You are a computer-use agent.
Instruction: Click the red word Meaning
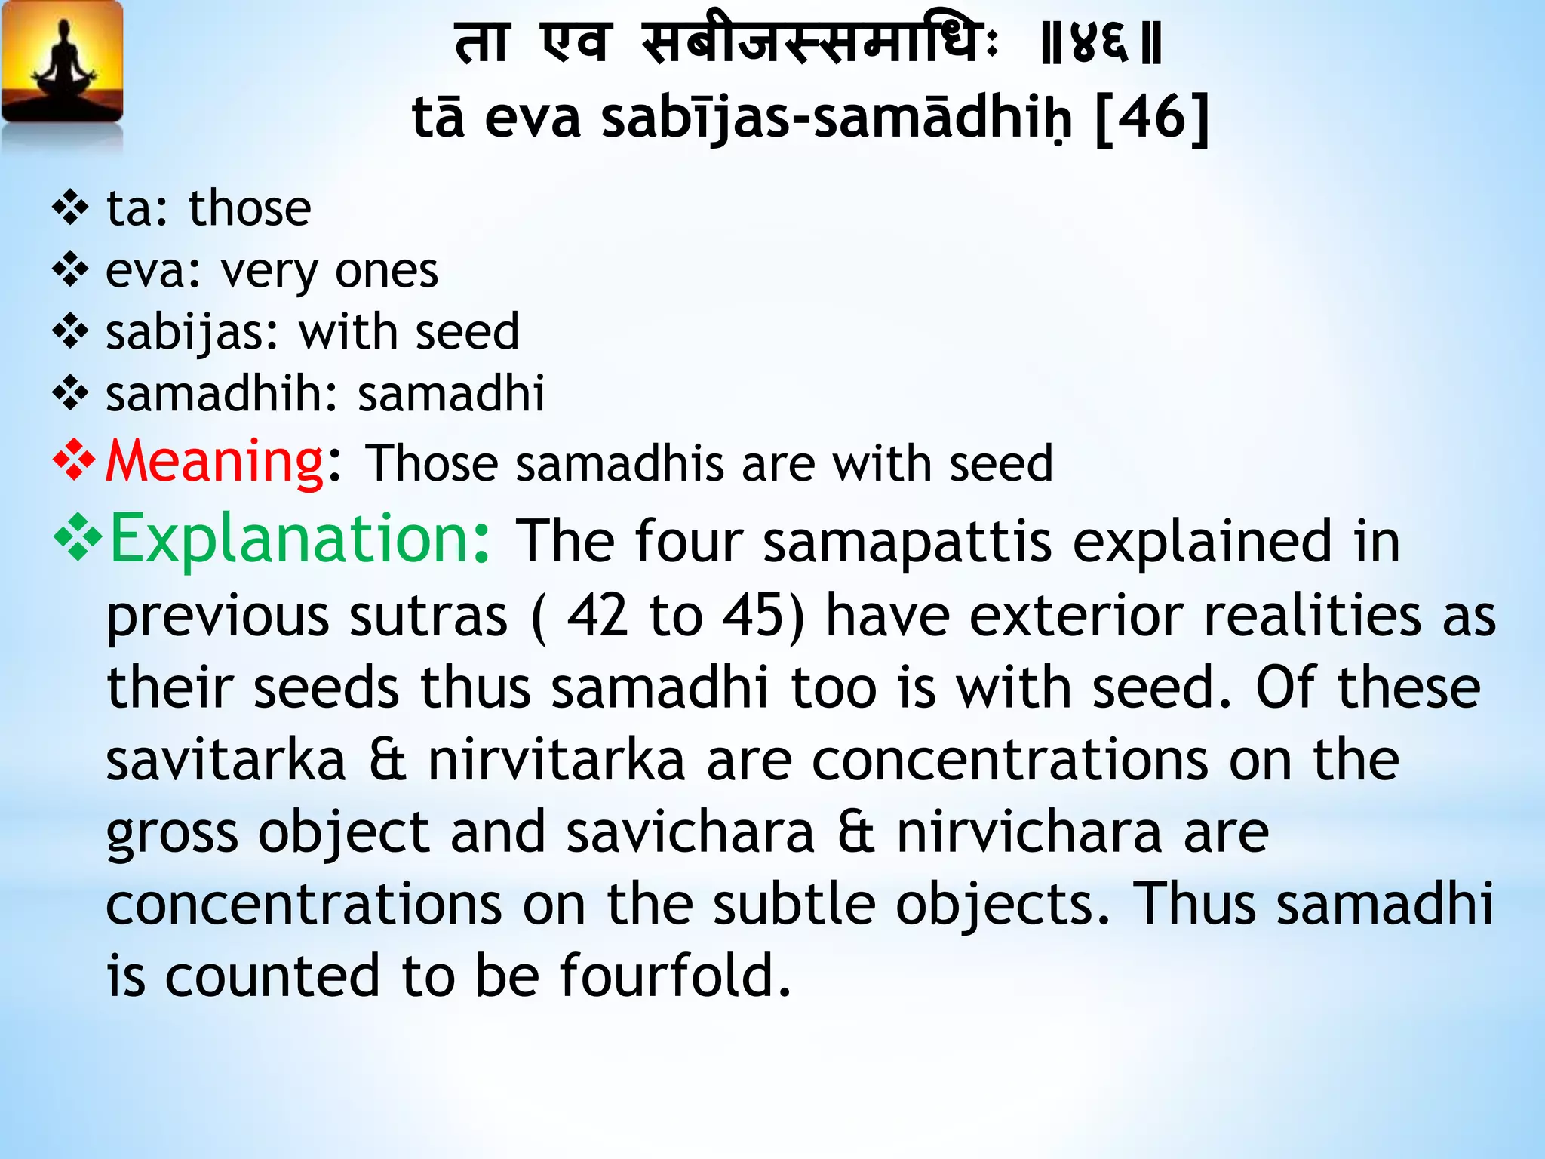coord(214,461)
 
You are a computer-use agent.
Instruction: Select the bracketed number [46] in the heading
coord(1151,118)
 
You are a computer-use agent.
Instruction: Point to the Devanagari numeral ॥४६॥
coord(1101,44)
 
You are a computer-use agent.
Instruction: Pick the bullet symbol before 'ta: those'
coord(71,209)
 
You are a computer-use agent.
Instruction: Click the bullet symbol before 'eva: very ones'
coord(71,271)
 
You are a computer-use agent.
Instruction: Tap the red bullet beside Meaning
coord(74,462)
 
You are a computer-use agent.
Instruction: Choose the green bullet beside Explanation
coord(77,540)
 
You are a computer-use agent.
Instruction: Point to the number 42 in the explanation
coord(597,616)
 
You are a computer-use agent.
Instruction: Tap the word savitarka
coord(226,761)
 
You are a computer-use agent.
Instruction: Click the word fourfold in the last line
coord(675,976)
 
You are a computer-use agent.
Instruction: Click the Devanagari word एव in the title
coord(575,44)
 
